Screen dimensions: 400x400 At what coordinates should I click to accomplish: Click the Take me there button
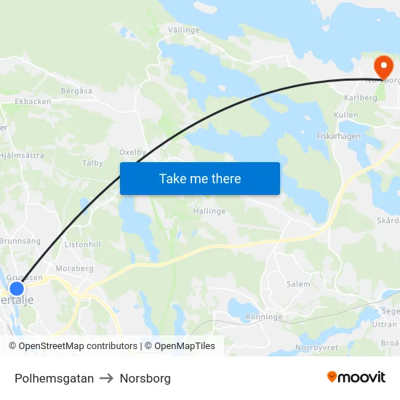tap(200, 178)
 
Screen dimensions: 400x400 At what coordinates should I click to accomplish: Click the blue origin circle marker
tap(17, 289)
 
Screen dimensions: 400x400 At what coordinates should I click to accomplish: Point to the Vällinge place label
tap(184, 30)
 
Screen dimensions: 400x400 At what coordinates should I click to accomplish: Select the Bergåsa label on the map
tap(77, 91)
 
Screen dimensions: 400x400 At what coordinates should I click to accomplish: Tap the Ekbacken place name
tap(33, 101)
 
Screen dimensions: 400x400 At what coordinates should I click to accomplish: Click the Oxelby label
tap(132, 153)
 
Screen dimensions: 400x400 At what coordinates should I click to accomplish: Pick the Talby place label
tap(92, 163)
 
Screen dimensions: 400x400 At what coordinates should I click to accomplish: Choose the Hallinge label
tap(209, 211)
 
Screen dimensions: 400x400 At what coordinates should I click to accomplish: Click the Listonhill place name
tap(83, 245)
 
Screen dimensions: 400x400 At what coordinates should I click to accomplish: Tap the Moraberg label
tap(75, 268)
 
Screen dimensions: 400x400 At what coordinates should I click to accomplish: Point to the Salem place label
tap(298, 284)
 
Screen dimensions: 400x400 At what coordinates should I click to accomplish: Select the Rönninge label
tap(263, 317)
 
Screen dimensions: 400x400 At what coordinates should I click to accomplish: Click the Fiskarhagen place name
tap(339, 136)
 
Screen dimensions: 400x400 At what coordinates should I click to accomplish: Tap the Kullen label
tap(346, 116)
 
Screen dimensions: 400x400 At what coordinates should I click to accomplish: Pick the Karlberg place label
tap(361, 97)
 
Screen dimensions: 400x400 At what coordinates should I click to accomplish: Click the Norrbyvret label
tap(316, 347)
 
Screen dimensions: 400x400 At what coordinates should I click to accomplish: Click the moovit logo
tap(356, 377)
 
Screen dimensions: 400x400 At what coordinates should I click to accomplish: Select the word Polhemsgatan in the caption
tap(54, 378)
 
